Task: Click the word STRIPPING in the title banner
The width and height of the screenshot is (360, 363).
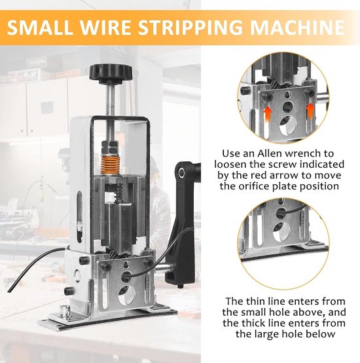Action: (190, 28)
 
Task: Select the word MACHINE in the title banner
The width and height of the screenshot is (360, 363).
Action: (297, 28)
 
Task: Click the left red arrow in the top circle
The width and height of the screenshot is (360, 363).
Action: (267, 113)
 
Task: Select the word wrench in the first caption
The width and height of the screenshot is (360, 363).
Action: (305, 153)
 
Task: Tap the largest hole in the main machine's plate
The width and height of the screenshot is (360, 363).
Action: (127, 296)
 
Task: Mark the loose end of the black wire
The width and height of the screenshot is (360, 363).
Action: (9, 290)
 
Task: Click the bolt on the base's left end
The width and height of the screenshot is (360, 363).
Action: (64, 310)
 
